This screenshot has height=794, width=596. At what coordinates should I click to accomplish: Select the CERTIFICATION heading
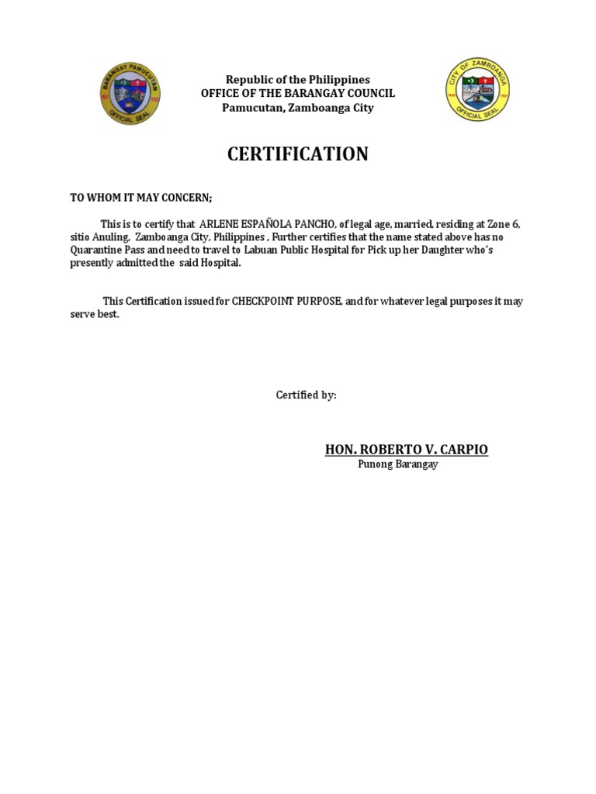tap(297, 154)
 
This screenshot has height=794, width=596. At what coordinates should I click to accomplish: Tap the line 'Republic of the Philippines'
tap(297, 80)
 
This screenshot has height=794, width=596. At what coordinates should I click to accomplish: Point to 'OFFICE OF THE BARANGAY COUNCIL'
tap(297, 93)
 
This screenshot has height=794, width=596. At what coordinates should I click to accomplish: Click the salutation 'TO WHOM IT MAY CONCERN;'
tap(140, 198)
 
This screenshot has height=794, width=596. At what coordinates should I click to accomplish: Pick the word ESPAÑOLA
tap(266, 224)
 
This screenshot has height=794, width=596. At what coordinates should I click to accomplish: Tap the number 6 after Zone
tap(516, 224)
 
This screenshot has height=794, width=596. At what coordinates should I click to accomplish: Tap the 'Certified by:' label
tap(307, 395)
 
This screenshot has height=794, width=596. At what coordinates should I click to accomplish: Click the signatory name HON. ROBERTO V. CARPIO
tap(406, 450)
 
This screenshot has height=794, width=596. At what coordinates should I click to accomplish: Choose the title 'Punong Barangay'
tap(397, 464)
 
